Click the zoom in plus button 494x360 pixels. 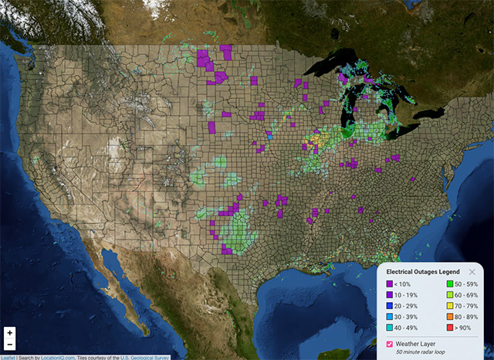point(10,332)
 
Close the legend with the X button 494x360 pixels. point(472,272)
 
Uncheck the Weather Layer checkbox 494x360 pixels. point(390,343)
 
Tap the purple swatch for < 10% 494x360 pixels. point(390,285)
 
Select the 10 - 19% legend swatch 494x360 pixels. point(390,296)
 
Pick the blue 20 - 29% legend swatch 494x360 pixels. point(390,307)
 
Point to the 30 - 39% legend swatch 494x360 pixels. point(390,318)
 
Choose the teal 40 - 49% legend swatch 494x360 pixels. point(390,328)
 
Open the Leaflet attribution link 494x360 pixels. point(8,357)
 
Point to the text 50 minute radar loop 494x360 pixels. point(425,352)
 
